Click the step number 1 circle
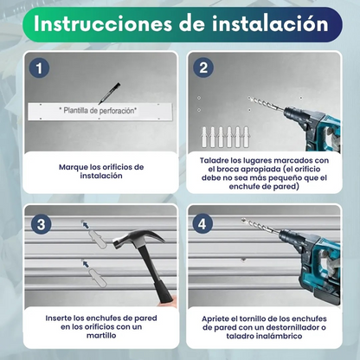point(39,68)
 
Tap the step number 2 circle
point(203,68)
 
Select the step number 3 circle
point(42,224)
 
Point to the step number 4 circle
point(203,224)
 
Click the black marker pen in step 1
point(109,93)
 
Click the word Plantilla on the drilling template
point(75,110)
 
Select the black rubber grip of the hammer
point(163,292)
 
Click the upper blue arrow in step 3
point(86,225)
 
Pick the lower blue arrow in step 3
point(86,264)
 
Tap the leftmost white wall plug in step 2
point(204,137)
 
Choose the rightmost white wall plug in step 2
point(246,137)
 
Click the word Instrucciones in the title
point(103,23)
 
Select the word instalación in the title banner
point(270,23)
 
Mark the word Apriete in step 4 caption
point(216,319)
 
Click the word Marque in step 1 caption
point(74,167)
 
